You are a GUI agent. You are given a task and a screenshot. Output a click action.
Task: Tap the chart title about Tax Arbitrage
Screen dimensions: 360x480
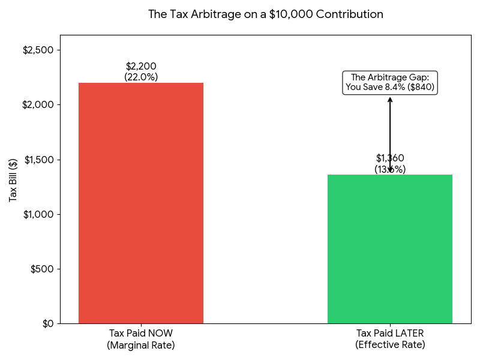click(x=266, y=14)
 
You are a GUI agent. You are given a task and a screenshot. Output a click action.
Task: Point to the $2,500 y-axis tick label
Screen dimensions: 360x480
click(x=38, y=50)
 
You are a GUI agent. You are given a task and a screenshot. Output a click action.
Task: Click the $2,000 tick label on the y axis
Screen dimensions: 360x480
click(x=38, y=104)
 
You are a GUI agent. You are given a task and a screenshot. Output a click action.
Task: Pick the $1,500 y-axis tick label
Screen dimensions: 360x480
click(x=38, y=160)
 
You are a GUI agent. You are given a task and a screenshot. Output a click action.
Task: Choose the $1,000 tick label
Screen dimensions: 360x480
click(x=38, y=214)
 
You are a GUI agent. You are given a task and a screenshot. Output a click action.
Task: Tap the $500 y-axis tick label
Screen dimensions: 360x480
click(x=42, y=269)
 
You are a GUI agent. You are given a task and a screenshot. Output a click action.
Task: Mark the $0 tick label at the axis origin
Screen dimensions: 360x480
click(x=46, y=323)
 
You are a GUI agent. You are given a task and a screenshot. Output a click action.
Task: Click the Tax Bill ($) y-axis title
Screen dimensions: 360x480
click(x=13, y=179)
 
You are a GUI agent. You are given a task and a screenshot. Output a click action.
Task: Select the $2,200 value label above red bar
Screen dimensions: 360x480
click(x=141, y=66)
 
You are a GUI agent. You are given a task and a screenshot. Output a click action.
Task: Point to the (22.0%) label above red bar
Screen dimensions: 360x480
click(x=141, y=77)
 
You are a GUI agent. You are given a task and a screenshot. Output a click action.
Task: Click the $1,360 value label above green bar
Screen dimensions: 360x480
click(x=390, y=158)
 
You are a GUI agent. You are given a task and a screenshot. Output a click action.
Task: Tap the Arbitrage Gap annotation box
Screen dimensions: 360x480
click(x=390, y=82)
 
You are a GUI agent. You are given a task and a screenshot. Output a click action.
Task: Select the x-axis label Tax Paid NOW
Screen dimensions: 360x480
click(x=141, y=334)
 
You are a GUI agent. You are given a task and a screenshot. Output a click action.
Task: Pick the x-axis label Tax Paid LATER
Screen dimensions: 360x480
click(x=390, y=334)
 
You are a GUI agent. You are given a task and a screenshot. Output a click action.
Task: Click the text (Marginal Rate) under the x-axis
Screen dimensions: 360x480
click(x=141, y=345)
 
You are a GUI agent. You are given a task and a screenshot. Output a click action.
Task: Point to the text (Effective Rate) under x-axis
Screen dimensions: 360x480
click(x=390, y=345)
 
